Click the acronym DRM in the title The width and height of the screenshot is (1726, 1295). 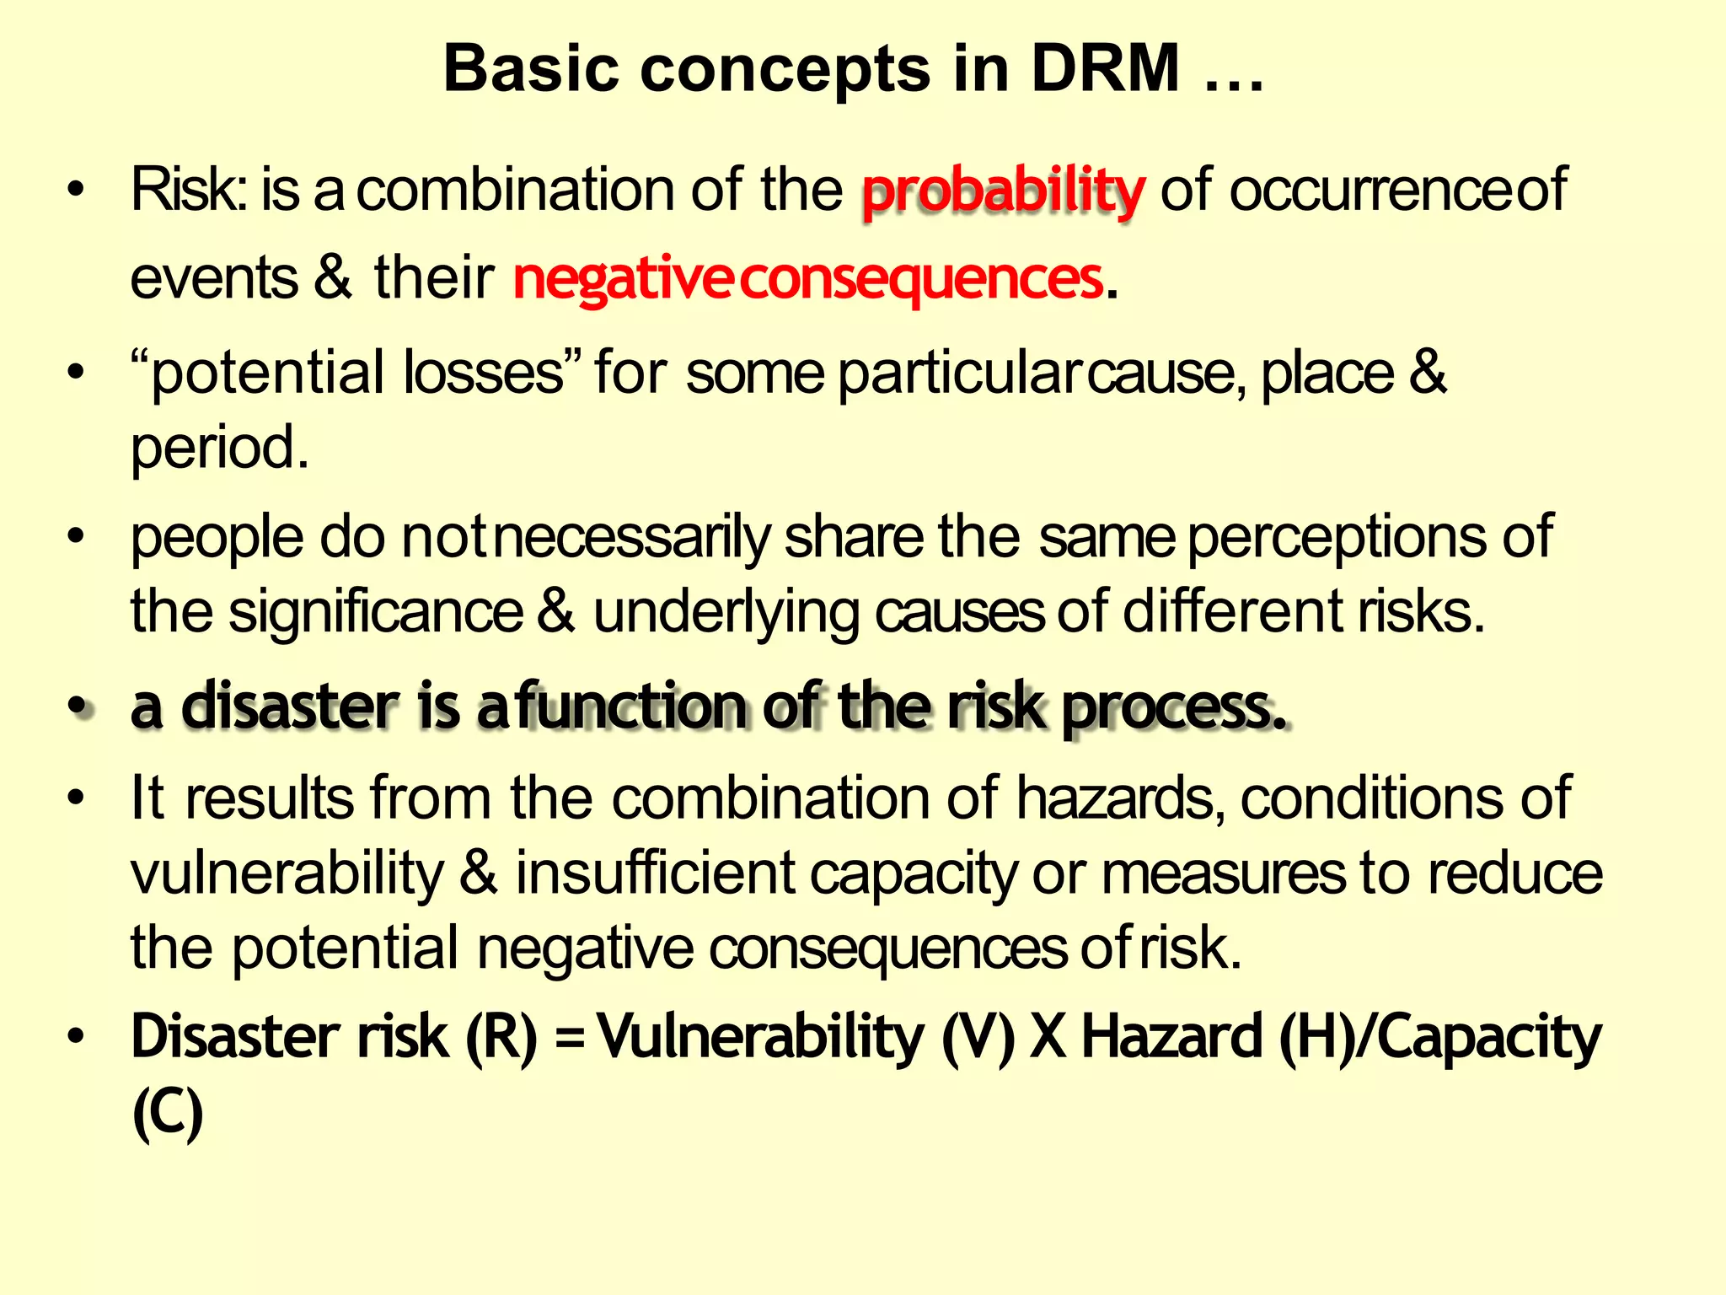pyautogui.click(x=1106, y=69)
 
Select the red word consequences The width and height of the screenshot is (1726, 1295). pyautogui.click(x=922, y=279)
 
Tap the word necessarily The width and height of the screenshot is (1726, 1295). pyautogui.click(x=632, y=538)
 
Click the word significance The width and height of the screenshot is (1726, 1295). pyautogui.click(x=376, y=612)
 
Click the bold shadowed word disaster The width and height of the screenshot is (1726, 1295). pyautogui.click(x=290, y=707)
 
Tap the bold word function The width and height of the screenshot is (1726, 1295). pyautogui.click(x=631, y=707)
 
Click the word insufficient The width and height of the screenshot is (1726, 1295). pyautogui.click(x=656, y=873)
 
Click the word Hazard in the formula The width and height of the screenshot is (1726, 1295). pyautogui.click(x=1171, y=1037)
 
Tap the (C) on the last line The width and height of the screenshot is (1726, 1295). pyautogui.click(x=168, y=1113)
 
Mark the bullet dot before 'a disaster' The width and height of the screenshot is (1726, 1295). pyautogui.click(x=78, y=707)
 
